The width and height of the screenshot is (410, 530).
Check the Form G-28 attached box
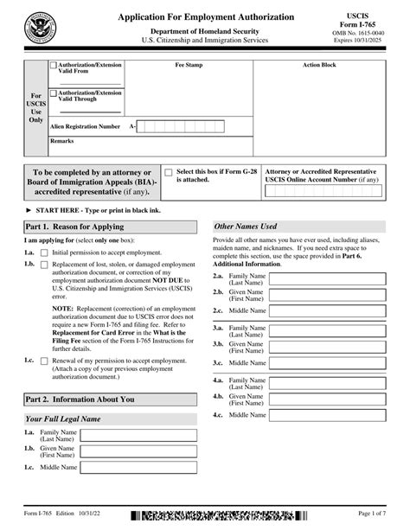[x=170, y=172]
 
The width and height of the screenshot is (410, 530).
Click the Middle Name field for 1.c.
[x=139, y=467]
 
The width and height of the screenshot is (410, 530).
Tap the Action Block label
[x=319, y=65]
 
